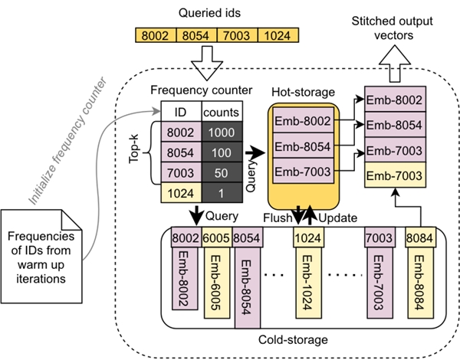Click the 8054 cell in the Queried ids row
[196, 35]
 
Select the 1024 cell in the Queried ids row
[278, 35]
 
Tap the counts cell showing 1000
[222, 133]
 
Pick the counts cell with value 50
[222, 172]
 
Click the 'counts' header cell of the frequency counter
[222, 112]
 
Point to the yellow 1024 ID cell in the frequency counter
[181, 193]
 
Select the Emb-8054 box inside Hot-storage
[303, 146]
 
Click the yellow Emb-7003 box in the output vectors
[395, 175]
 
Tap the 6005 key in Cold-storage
[216, 237]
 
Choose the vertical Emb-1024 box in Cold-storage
[308, 283]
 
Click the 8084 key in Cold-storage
[420, 237]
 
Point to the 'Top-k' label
[134, 149]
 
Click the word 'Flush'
[278, 218]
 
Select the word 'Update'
[337, 218]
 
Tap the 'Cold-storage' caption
[293, 340]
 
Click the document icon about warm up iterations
[41, 257]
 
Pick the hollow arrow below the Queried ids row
[207, 63]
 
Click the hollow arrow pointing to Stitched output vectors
[395, 64]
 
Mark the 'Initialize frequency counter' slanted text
[68, 141]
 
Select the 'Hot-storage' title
[303, 92]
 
